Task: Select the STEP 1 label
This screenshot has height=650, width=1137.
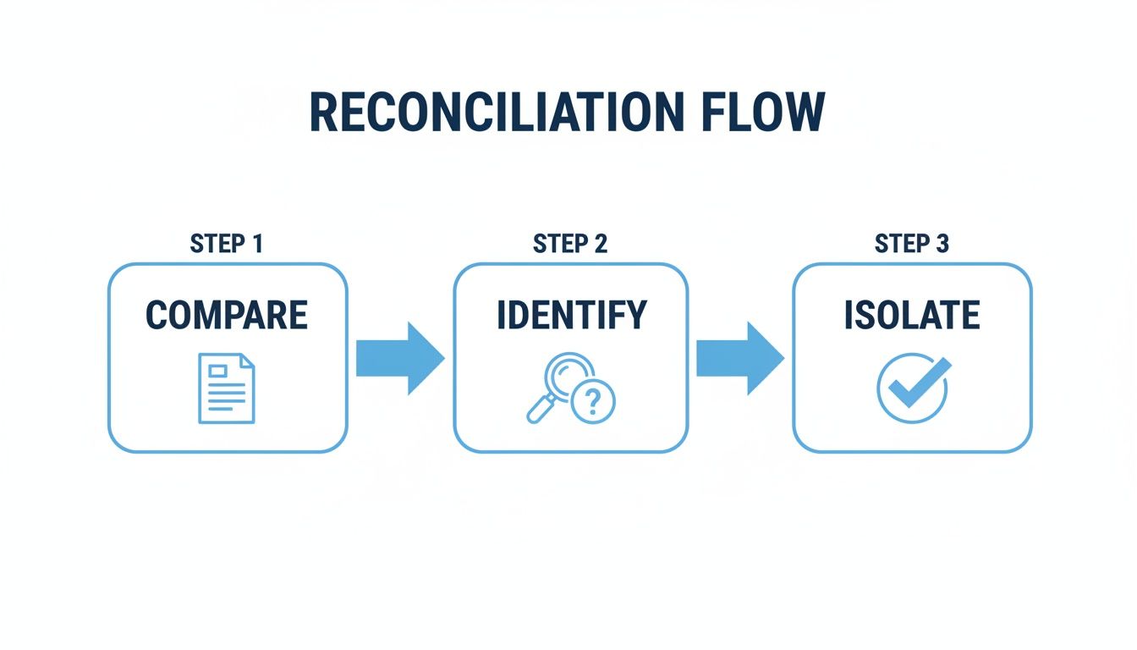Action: (227, 245)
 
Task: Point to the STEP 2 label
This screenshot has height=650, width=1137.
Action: (570, 245)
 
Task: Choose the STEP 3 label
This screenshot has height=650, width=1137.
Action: (912, 245)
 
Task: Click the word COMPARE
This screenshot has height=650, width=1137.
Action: (227, 315)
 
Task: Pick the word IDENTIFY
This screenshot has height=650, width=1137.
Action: (571, 315)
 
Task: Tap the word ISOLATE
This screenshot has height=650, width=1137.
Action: (912, 315)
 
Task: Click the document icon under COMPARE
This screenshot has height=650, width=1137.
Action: (226, 388)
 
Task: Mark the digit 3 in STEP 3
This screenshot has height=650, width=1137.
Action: (942, 245)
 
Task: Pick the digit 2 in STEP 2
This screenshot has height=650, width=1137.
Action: (599, 245)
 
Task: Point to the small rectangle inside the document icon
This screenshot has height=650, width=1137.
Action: (217, 370)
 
